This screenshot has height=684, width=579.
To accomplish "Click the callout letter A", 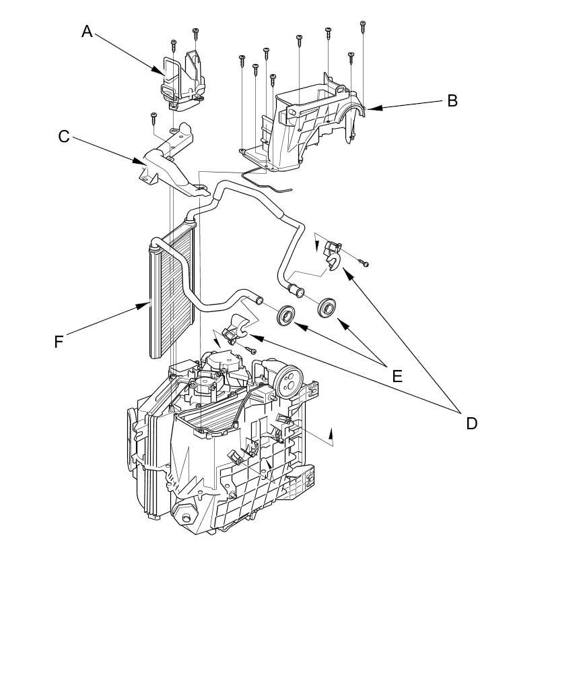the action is tap(87, 32).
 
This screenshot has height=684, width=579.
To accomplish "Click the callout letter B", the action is tap(452, 101).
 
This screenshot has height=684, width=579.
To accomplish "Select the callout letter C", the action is tap(63, 137).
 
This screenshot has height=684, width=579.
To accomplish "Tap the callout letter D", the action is tap(471, 423).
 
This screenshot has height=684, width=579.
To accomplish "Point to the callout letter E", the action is tap(397, 376).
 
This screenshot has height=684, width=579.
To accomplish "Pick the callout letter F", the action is tap(59, 342).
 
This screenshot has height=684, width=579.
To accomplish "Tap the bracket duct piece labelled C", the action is tap(170, 164).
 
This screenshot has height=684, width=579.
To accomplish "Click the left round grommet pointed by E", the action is tap(286, 315).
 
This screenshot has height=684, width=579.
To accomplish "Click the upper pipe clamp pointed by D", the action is tap(332, 257).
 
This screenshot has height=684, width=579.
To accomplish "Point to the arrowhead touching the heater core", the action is tap(143, 306).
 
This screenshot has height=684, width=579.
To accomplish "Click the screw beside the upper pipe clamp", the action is tap(364, 263).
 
